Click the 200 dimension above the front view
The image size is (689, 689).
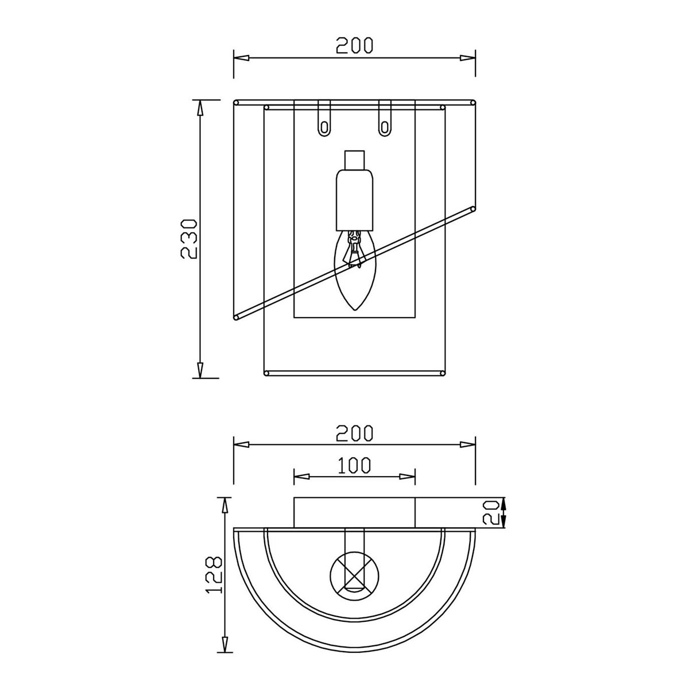(x=354, y=45)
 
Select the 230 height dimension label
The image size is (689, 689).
(x=188, y=239)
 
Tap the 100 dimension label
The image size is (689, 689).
(x=354, y=465)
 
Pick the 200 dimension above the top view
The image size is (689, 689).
(x=354, y=433)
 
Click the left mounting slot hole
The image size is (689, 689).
(x=324, y=127)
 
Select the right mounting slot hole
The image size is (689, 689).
(x=385, y=127)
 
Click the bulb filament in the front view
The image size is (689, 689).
(x=354, y=248)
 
